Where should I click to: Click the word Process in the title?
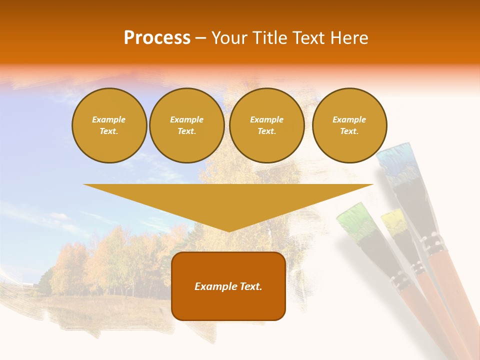pos(157,38)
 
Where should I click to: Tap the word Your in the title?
pos(230,38)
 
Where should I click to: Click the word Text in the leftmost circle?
pos(108,131)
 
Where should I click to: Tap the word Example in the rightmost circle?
pos(349,119)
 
